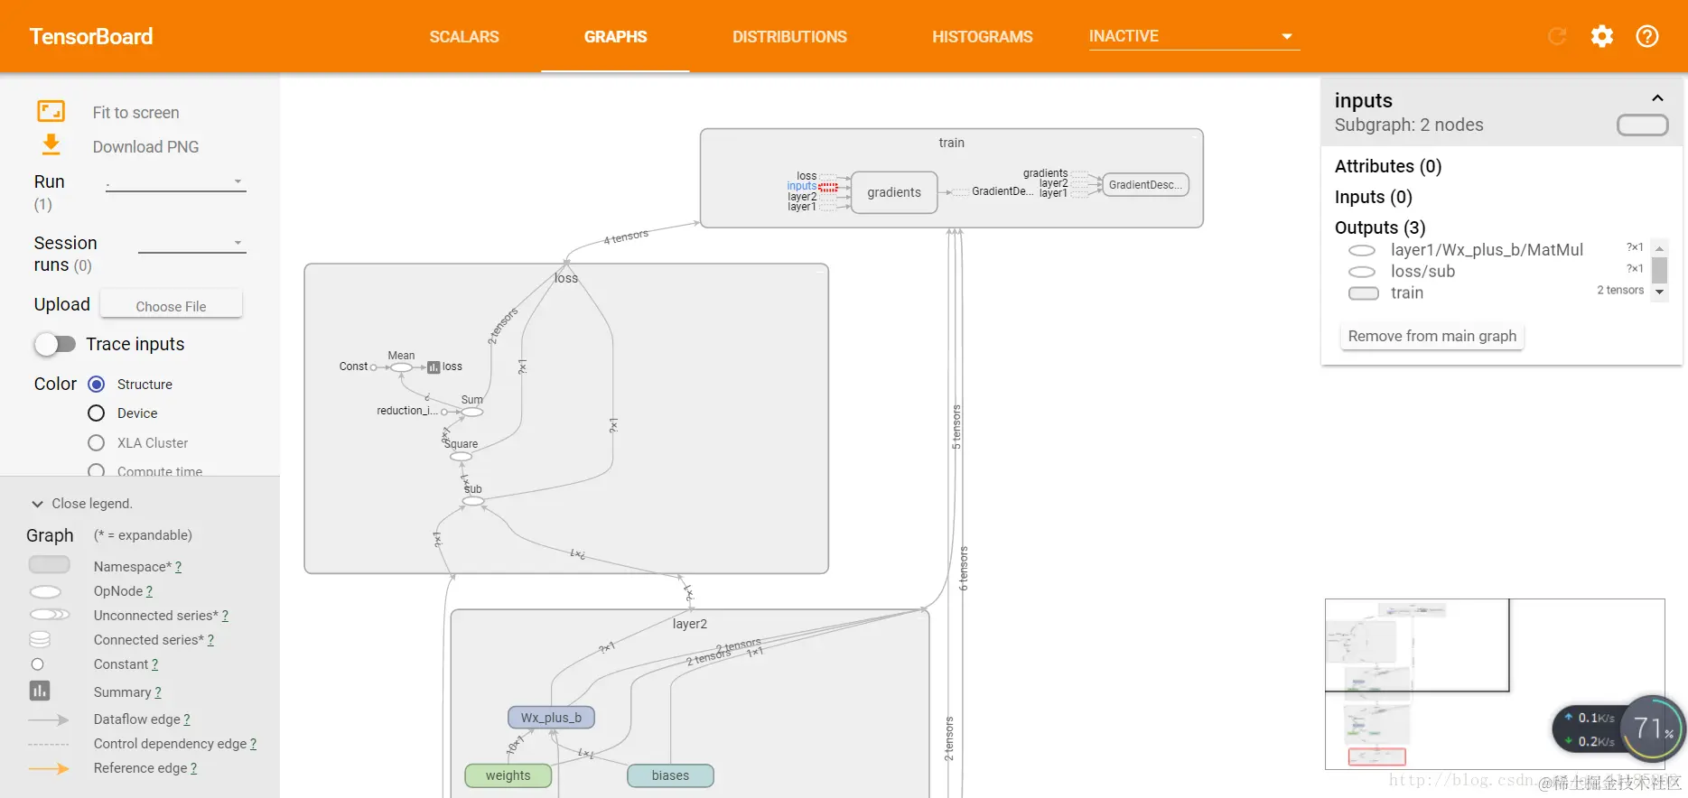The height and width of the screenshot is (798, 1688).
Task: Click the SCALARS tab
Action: point(464,37)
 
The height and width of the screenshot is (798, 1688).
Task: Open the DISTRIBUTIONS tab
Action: point(789,37)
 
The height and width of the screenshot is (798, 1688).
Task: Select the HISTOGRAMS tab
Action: point(982,37)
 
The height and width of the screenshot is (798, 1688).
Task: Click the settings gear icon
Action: point(1601,36)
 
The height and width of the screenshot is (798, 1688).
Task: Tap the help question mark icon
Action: point(1646,36)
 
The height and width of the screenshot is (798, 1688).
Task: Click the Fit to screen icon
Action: point(51,112)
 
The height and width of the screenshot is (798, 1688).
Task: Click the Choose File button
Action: point(171,306)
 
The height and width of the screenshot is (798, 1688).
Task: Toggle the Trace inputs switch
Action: point(55,344)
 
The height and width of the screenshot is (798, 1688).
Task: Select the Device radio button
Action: point(97,413)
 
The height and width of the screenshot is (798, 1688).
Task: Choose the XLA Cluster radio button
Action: point(97,443)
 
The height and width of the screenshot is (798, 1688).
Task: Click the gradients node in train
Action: point(894,192)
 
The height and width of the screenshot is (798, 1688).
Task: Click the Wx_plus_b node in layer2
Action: point(551,718)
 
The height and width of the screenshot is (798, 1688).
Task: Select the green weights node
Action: point(508,775)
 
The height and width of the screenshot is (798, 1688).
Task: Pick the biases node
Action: point(670,775)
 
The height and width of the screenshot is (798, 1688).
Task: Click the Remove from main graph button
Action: point(1432,336)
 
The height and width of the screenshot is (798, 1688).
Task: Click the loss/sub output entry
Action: point(1422,272)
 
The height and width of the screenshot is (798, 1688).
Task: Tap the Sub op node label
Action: point(472,489)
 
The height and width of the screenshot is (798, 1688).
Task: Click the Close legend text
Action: point(91,504)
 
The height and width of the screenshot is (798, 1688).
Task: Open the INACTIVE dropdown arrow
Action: point(1286,37)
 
